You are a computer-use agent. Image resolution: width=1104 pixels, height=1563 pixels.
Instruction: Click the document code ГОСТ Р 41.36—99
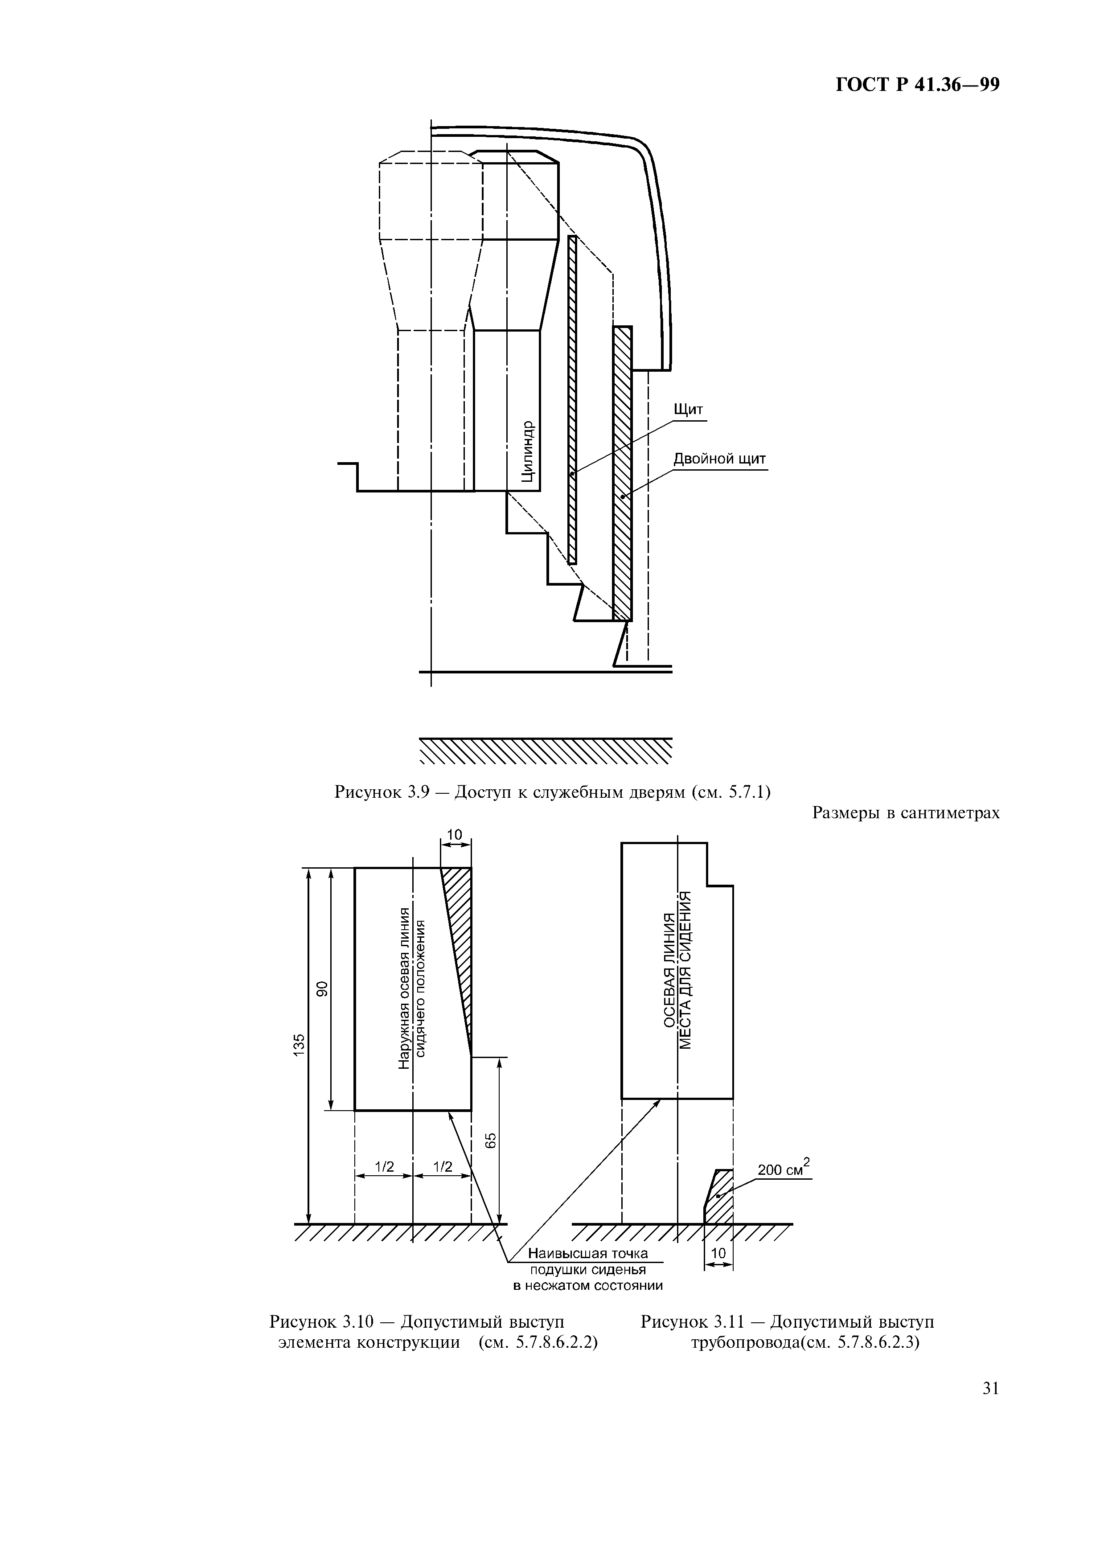click(917, 85)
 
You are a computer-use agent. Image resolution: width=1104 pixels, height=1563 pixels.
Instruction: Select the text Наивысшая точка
click(588, 1253)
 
